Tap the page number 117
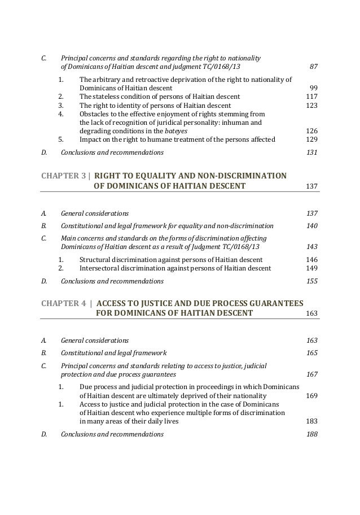(311, 97)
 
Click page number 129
(311, 139)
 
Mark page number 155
(311, 281)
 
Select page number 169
(311, 396)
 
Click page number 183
(311, 421)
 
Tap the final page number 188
(311, 434)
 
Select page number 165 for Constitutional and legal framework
(311, 353)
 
